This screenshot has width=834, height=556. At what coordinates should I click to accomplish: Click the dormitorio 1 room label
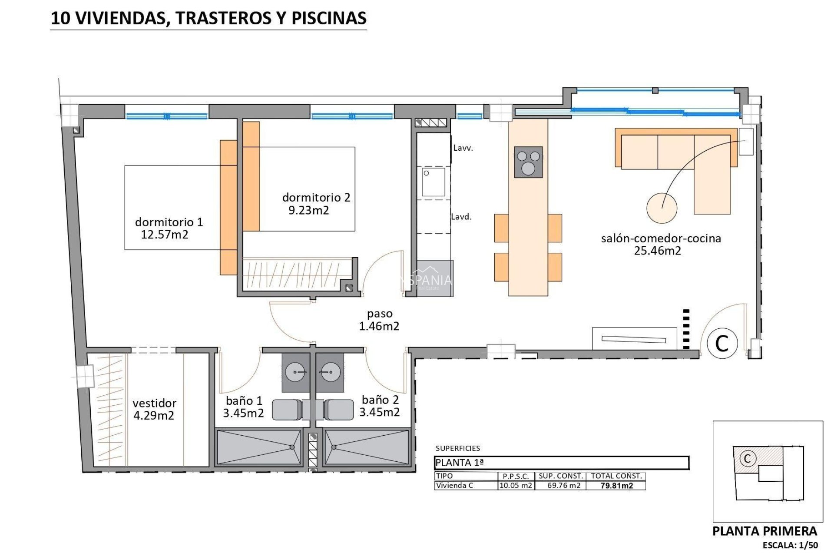coord(169,222)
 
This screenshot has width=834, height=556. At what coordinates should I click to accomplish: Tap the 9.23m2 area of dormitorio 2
coord(309,211)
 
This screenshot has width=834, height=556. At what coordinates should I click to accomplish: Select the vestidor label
coord(154,403)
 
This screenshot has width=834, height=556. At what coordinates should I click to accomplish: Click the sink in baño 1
coord(296,372)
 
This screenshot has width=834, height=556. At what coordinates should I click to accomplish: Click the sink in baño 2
coord(330,372)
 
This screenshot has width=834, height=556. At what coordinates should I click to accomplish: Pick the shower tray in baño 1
coord(259,447)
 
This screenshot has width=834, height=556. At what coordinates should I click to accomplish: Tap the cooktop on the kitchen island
coord(528,162)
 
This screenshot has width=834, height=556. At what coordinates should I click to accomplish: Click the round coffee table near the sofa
coord(662,208)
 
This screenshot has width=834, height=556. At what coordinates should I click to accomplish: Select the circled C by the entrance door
coord(722,343)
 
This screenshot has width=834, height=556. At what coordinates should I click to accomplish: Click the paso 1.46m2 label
coord(379,320)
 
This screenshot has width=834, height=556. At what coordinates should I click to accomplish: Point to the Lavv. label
coord(463,148)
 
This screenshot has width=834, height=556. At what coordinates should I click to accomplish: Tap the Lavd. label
coord(461,217)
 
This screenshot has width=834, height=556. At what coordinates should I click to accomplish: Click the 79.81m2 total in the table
coord(616,486)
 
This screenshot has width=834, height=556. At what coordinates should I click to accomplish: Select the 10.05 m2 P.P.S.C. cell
coord(516,486)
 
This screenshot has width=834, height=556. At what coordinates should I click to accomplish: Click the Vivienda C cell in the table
coord(454,486)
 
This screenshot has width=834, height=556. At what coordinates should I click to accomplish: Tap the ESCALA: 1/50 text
coord(790,545)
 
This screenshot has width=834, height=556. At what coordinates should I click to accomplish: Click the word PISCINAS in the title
coord(329,18)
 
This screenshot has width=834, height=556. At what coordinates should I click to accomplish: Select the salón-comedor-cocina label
coord(661,238)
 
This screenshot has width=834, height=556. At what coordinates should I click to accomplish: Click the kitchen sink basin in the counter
coord(433,182)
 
